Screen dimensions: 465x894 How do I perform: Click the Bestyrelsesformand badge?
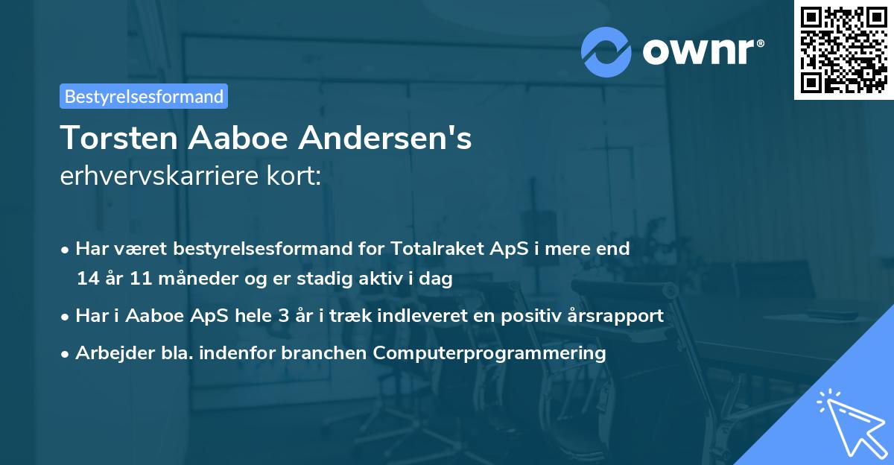tap(144, 96)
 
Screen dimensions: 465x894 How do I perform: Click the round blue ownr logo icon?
tap(606, 51)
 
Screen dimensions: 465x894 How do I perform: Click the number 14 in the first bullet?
tap(88, 279)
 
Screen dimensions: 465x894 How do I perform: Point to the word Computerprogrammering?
tap(489, 353)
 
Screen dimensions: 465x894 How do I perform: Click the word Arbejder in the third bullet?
tap(108, 353)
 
